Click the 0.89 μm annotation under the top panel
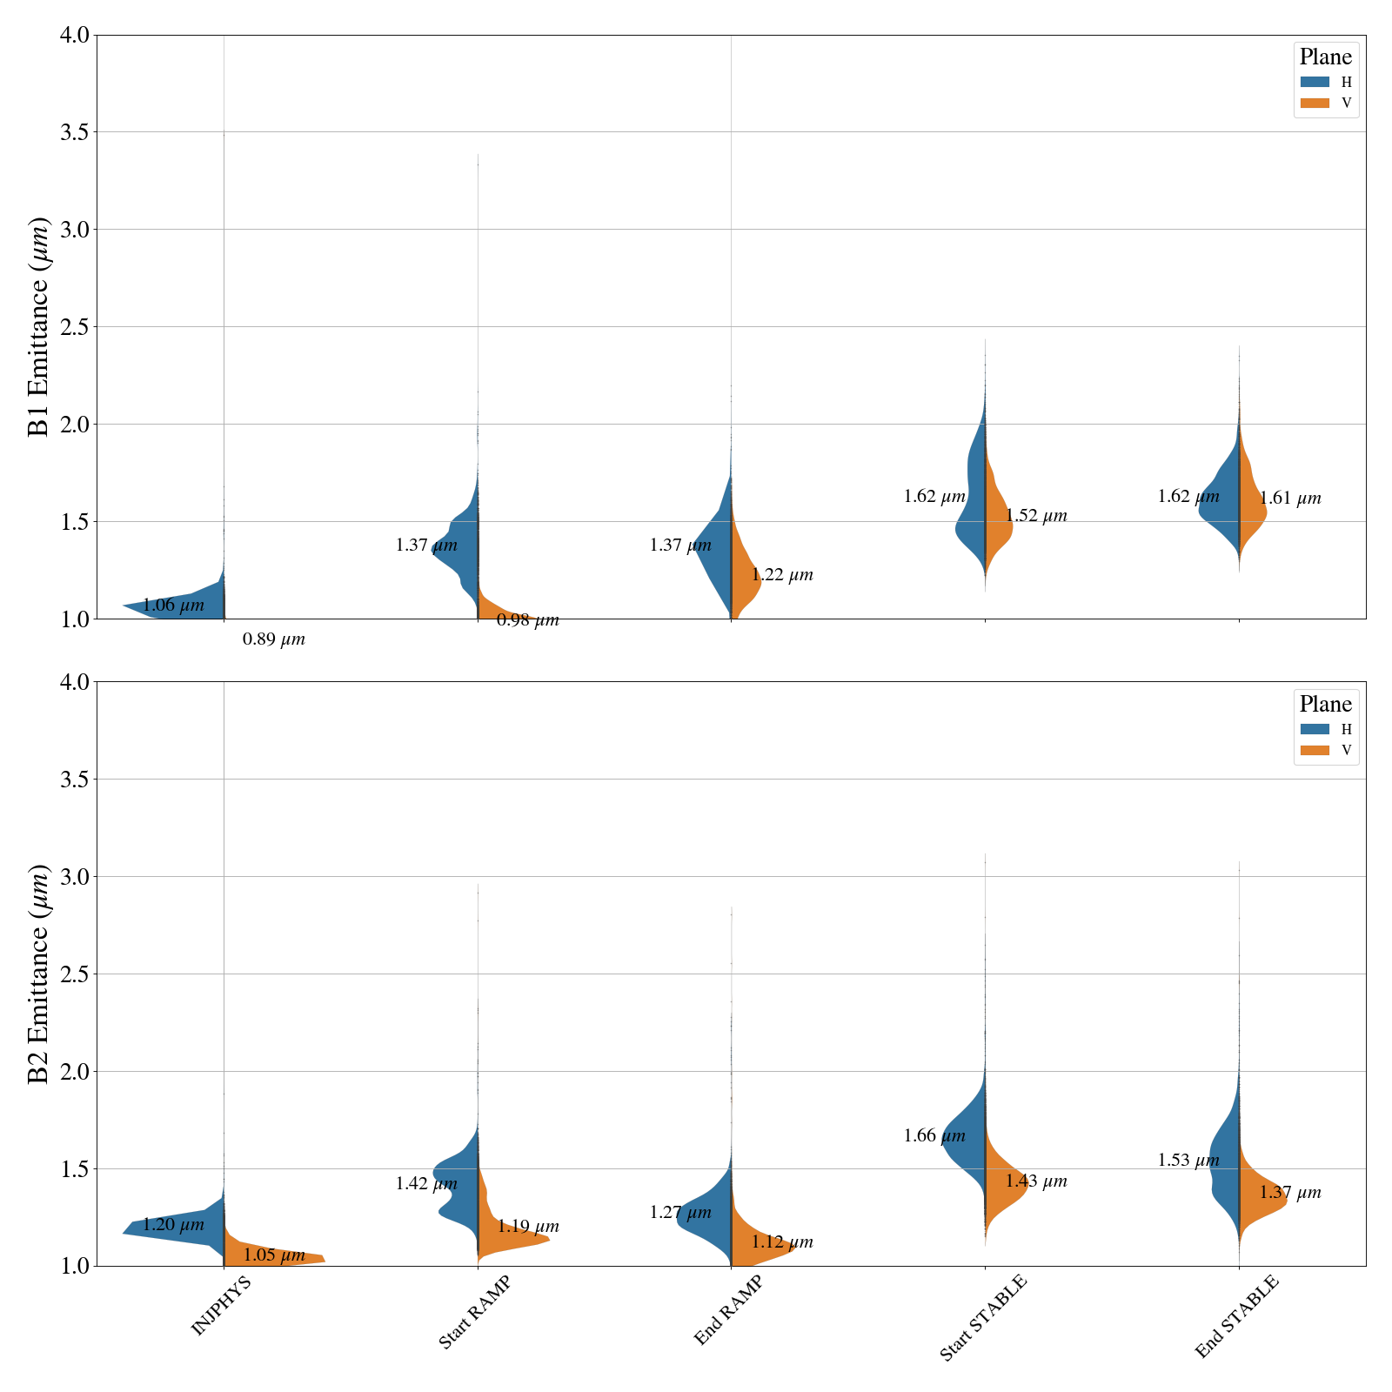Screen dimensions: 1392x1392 tap(274, 640)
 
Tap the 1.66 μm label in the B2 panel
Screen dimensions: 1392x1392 tap(934, 1136)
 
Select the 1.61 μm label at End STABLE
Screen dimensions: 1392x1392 tap(1290, 499)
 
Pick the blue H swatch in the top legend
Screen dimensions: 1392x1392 tap(1315, 82)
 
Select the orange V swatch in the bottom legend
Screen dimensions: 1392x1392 tap(1315, 750)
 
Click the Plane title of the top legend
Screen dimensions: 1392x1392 tap(1325, 57)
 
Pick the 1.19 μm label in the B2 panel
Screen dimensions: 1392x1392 tap(528, 1228)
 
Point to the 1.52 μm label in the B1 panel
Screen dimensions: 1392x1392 tap(1036, 517)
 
